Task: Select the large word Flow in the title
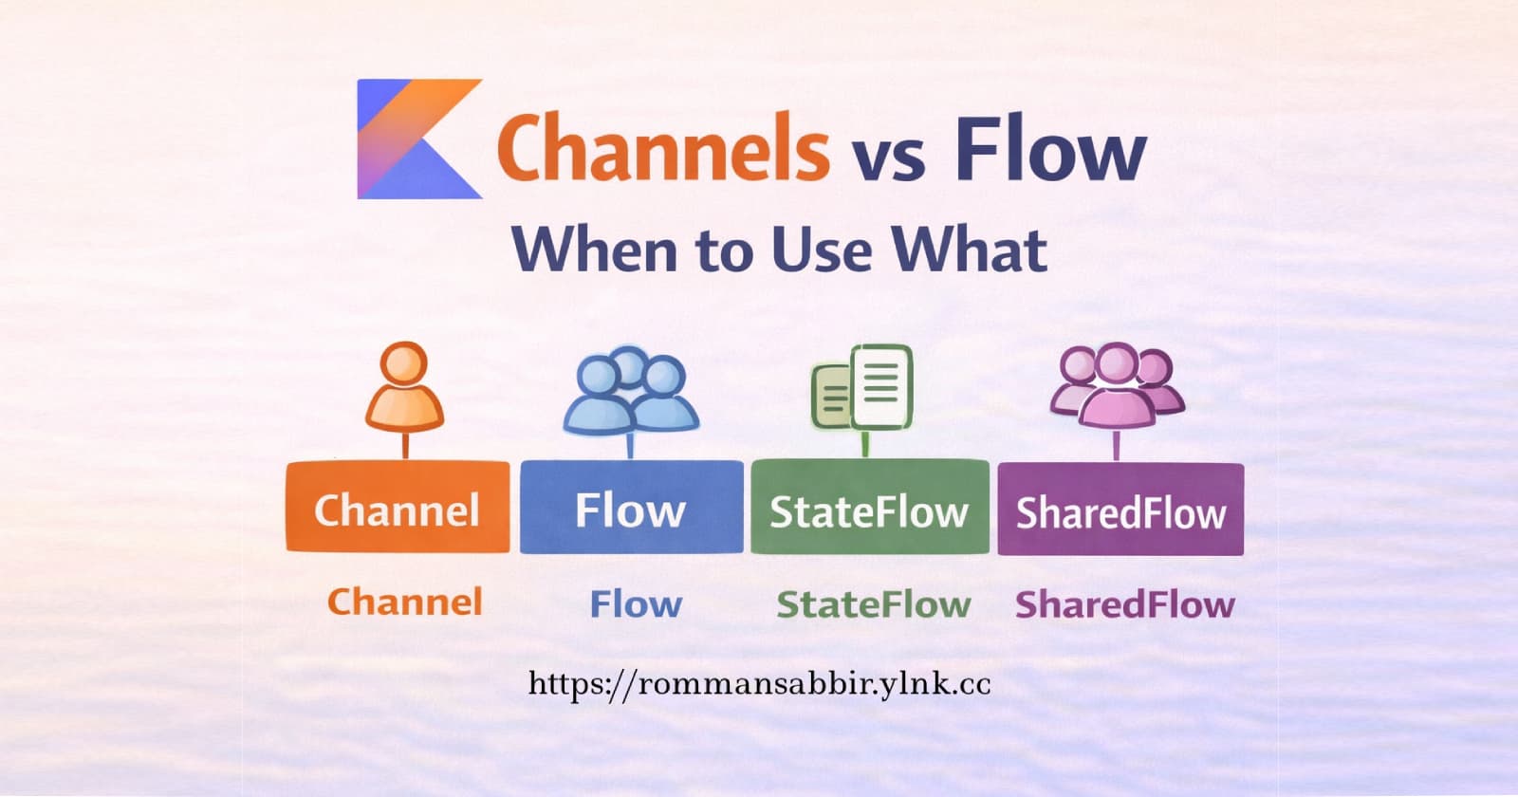(x=1049, y=149)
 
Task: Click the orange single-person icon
(x=404, y=389)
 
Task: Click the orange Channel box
(x=398, y=508)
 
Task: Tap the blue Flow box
(x=631, y=508)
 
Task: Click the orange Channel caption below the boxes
(x=405, y=602)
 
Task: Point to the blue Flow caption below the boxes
(x=636, y=603)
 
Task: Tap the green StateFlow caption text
(x=874, y=603)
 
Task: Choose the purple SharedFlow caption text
(x=1125, y=603)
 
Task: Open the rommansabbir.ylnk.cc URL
(x=759, y=684)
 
